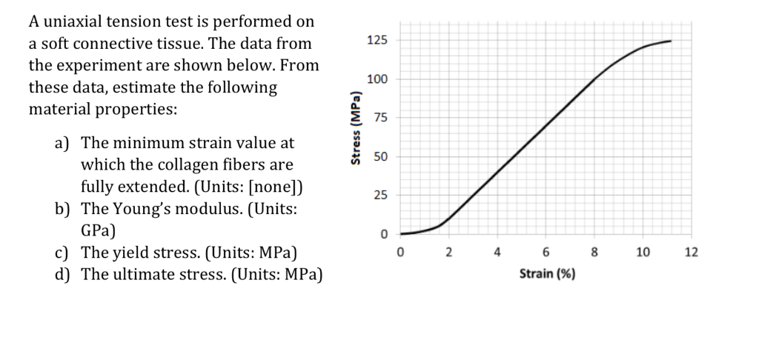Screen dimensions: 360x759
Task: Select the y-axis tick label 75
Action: pyautogui.click(x=380, y=118)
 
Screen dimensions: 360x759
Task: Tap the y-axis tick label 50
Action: pyautogui.click(x=380, y=157)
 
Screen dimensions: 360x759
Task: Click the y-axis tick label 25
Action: pyautogui.click(x=380, y=196)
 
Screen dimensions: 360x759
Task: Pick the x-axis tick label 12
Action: pyautogui.click(x=691, y=253)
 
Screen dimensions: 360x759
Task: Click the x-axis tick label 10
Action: pyautogui.click(x=643, y=253)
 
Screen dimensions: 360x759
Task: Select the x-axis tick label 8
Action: pyautogui.click(x=594, y=253)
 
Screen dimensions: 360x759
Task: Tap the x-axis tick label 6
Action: pyautogui.click(x=546, y=253)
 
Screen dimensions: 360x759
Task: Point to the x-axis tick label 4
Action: pyautogui.click(x=497, y=253)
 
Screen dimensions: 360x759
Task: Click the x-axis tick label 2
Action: pyautogui.click(x=448, y=253)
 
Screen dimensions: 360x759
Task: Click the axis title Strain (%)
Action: pyautogui.click(x=546, y=274)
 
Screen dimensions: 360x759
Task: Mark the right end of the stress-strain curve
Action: pyautogui.click(x=671, y=41)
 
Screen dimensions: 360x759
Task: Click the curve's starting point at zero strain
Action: pyautogui.click(x=401, y=233)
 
